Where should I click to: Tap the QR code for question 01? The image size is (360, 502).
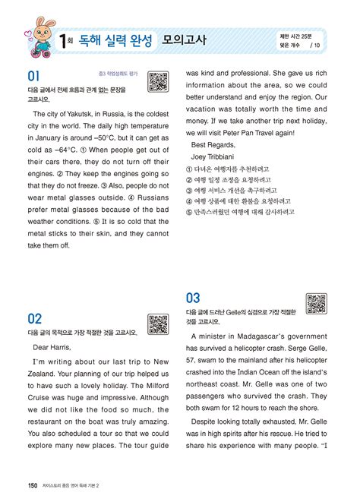click(157, 81)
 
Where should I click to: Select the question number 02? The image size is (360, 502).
click(35, 317)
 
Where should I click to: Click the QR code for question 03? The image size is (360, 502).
click(315, 303)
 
